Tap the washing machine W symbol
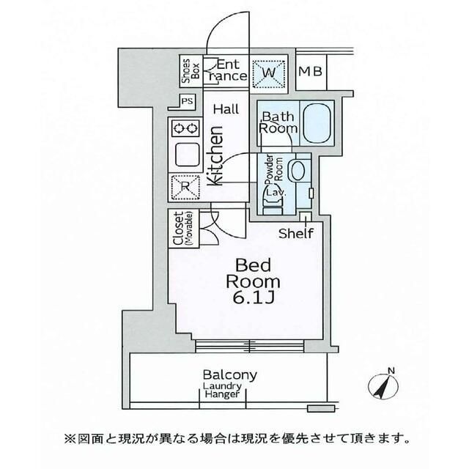[x=268, y=71]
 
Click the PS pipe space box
[x=187, y=101]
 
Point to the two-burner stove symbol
[x=184, y=128]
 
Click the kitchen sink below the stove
[x=184, y=155]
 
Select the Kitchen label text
[x=216, y=157]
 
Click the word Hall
[x=226, y=108]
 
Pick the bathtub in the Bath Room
[x=317, y=121]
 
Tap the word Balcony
[x=230, y=374]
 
